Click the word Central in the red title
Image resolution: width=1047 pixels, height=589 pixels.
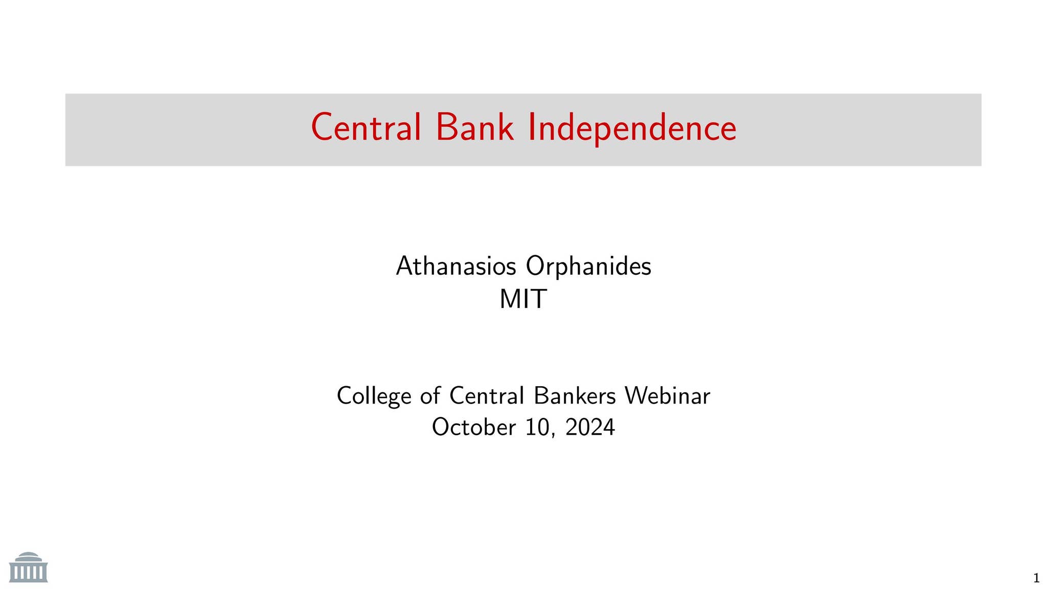(x=366, y=128)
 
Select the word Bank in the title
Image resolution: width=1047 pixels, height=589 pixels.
(x=474, y=128)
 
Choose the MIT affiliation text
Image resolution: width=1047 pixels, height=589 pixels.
(x=523, y=299)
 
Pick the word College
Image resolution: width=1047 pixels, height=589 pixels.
(x=374, y=396)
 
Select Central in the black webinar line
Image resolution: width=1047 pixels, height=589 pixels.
(x=487, y=396)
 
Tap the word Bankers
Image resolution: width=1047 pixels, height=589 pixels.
(x=575, y=396)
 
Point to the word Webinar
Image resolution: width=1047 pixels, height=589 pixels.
(x=667, y=396)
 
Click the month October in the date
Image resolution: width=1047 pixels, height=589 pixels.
(x=474, y=427)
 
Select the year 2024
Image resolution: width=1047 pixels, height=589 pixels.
(x=590, y=427)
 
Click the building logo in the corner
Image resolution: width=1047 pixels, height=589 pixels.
(x=29, y=568)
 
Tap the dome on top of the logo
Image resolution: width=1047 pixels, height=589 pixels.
(x=28, y=556)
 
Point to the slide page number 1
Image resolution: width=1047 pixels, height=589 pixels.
(x=1036, y=578)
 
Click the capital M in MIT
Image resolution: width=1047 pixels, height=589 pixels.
(x=509, y=299)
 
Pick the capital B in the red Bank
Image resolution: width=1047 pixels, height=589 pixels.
(x=446, y=128)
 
